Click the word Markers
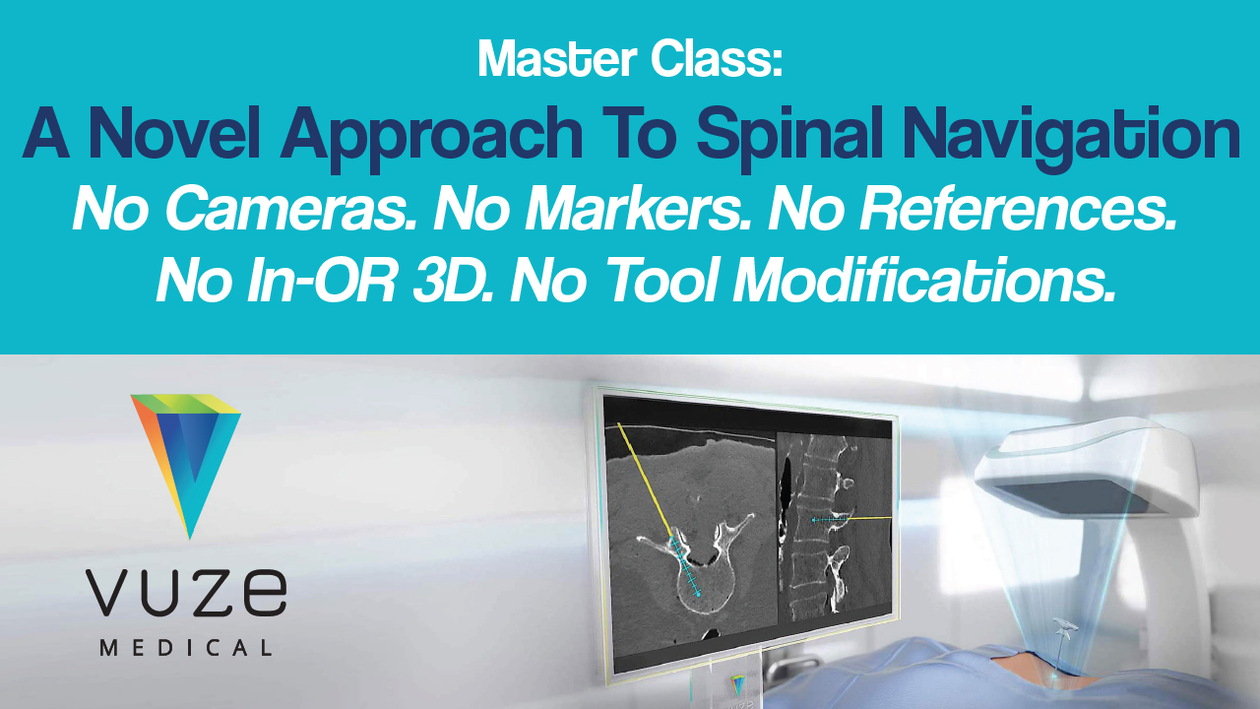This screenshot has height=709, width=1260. click(641, 209)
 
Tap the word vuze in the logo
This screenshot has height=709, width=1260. click(186, 591)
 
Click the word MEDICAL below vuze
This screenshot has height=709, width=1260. click(186, 648)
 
